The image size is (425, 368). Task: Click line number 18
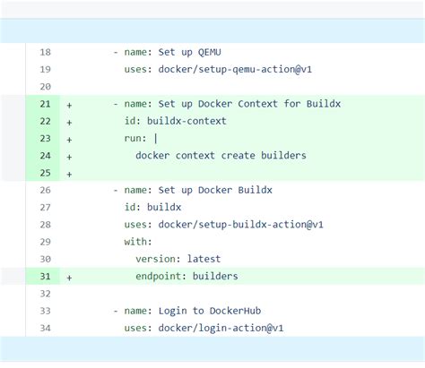click(x=45, y=52)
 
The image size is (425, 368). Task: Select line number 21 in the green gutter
click(x=45, y=104)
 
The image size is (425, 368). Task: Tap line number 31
click(x=45, y=276)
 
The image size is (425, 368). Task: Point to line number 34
click(x=45, y=328)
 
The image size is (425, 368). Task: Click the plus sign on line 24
click(x=69, y=155)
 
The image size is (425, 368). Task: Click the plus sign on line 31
click(x=69, y=276)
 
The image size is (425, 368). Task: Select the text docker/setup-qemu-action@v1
click(x=234, y=69)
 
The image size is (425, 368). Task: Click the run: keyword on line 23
click(x=138, y=138)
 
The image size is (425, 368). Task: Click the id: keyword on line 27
click(x=133, y=207)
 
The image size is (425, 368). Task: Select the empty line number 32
click(x=45, y=293)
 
